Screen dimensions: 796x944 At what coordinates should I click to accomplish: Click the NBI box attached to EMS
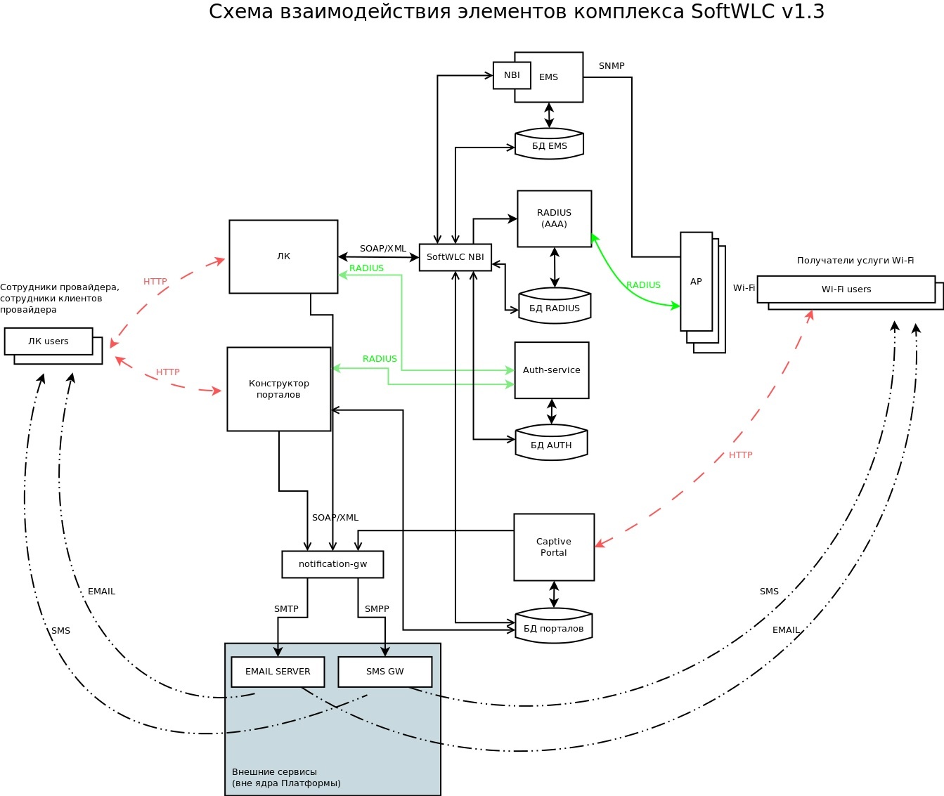point(512,75)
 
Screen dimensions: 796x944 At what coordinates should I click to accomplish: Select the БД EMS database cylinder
point(549,145)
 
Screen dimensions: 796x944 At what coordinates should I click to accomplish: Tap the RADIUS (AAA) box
point(554,218)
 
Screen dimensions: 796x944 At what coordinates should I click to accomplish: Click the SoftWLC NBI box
point(455,257)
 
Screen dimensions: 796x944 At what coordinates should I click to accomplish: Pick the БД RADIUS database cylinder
point(554,306)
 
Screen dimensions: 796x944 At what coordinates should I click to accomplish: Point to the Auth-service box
point(551,370)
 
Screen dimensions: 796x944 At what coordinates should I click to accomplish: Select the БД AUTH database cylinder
point(551,443)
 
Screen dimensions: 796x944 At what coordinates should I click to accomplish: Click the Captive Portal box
point(554,547)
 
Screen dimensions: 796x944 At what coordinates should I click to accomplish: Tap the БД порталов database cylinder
point(553,627)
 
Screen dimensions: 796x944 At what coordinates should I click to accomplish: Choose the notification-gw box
point(332,564)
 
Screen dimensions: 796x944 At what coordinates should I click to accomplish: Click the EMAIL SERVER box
point(278,672)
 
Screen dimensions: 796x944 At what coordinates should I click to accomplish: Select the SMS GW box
point(384,672)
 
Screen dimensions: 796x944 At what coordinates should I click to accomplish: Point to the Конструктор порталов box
point(278,389)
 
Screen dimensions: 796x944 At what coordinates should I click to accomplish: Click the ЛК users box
point(49,341)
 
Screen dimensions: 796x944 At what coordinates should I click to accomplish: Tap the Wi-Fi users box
point(846,289)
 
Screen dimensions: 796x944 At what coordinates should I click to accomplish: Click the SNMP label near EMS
point(612,66)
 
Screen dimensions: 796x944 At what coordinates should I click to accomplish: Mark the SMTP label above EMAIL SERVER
point(286,609)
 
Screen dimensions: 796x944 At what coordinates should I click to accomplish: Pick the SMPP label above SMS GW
point(377,609)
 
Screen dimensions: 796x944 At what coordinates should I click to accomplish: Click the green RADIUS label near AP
point(643,285)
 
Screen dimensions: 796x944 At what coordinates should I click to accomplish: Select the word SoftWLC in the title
point(731,12)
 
